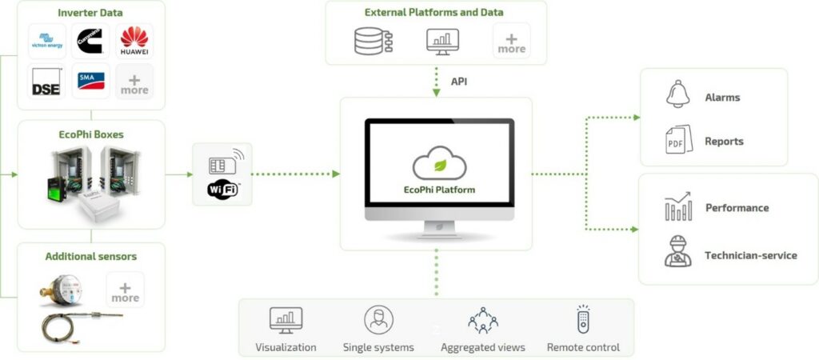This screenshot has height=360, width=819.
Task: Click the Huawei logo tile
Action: (x=134, y=42)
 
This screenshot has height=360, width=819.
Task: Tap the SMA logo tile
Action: (x=90, y=80)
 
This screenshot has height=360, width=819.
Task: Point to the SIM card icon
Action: (x=218, y=164)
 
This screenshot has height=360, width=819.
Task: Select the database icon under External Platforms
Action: (x=371, y=40)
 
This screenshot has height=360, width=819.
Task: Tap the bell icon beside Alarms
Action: (x=677, y=94)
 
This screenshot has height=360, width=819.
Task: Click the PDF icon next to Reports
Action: (x=677, y=141)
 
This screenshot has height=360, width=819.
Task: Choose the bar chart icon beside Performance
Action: (x=678, y=208)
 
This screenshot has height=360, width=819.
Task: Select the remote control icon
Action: (x=583, y=319)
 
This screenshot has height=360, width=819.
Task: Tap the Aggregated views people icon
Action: (x=483, y=320)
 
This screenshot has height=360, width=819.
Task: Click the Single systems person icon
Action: (x=378, y=319)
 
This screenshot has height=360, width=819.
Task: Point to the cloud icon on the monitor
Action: (x=439, y=163)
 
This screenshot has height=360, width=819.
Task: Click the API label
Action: (x=459, y=82)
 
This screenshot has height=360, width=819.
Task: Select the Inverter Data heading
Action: (x=90, y=14)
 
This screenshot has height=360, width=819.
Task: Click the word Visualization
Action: (x=286, y=347)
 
